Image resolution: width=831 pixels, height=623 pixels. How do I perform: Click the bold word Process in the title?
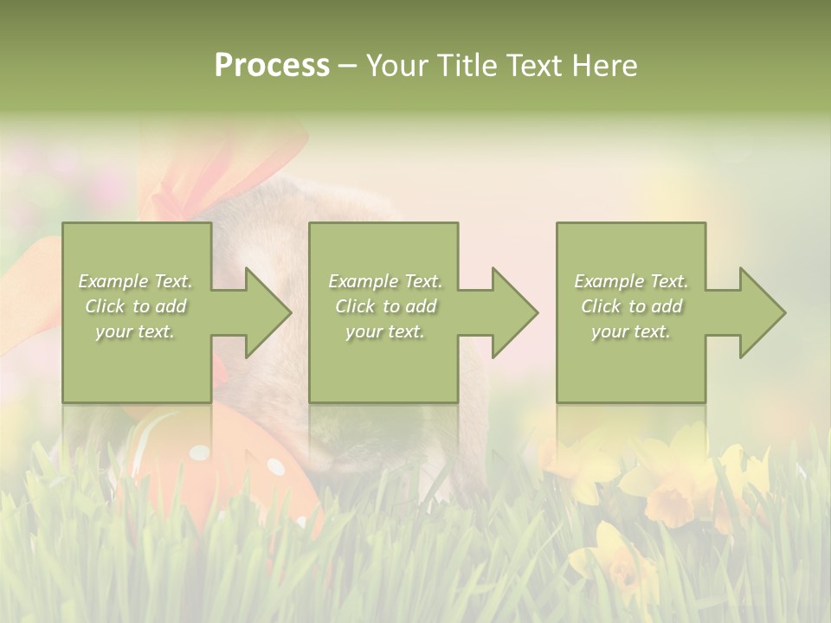click(272, 66)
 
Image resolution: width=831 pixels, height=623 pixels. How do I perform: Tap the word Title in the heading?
click(468, 66)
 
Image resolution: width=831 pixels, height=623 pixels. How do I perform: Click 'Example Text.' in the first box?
click(136, 281)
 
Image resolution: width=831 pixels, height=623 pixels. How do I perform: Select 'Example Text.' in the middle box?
click(385, 281)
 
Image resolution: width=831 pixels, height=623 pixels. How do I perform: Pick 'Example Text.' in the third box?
click(631, 281)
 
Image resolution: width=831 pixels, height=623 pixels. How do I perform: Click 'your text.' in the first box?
click(136, 331)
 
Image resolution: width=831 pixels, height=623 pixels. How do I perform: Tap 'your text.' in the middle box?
click(385, 331)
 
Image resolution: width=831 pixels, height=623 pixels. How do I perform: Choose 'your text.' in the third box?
click(631, 331)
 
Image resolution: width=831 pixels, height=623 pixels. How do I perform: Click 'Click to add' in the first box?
click(136, 306)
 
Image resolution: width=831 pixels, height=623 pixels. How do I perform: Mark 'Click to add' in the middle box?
click(385, 306)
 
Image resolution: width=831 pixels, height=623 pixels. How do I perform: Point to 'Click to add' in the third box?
click(631, 306)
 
